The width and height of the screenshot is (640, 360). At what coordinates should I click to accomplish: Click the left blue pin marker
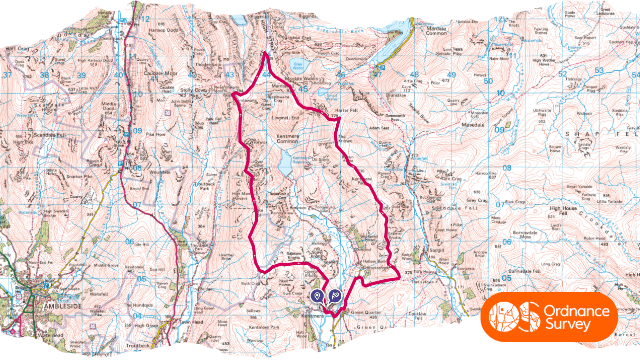click(317, 296)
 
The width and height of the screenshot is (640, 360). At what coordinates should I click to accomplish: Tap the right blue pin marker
click(335, 296)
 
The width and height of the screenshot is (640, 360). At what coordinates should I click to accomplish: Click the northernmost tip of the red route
click(265, 55)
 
